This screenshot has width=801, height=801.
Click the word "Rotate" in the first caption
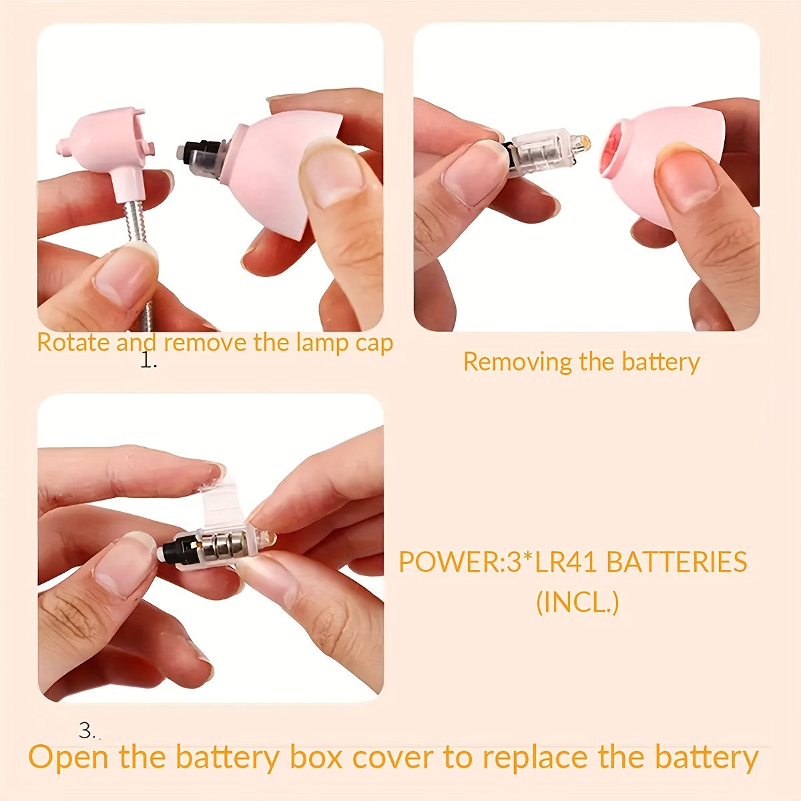(73, 342)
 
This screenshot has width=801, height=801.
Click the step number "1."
(148, 361)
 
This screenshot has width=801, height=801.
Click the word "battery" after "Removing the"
(661, 362)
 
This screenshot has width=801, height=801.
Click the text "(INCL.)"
(578, 602)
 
